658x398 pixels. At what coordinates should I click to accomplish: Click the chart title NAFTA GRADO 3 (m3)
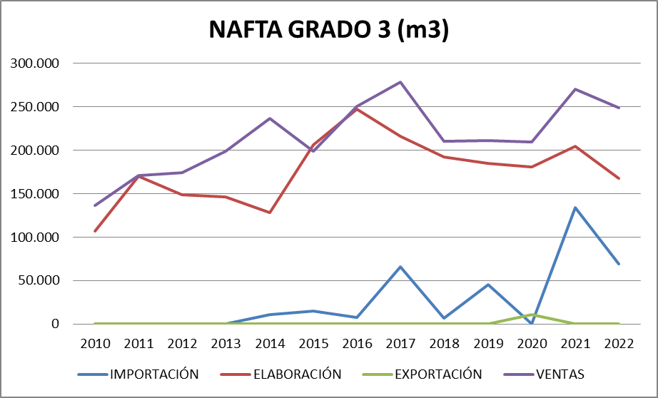pos(328,31)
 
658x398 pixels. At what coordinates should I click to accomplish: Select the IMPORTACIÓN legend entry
pos(153,374)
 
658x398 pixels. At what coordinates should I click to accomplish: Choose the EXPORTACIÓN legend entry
pos(437,374)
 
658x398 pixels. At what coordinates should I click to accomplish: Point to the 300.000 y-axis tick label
pos(35,63)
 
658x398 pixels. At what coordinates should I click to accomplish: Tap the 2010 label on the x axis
pos(95,342)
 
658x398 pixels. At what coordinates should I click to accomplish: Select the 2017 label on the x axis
pos(400,342)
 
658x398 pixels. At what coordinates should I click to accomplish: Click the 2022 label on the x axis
pos(619,342)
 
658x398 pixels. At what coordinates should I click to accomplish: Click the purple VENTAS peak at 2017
pos(400,82)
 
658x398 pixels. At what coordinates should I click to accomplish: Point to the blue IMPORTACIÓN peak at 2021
pos(575,208)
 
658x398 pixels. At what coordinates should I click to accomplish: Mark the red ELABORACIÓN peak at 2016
pos(357,109)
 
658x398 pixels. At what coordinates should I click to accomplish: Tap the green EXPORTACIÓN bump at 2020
pos(532,315)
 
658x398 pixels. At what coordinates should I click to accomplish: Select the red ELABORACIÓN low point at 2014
pos(270,213)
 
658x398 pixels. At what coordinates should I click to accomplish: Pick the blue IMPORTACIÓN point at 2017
pos(400,267)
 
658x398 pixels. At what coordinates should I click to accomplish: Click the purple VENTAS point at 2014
pos(270,118)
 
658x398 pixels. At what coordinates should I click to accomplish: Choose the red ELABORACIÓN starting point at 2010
pos(95,231)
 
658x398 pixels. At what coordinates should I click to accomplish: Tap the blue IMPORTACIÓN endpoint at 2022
pos(619,264)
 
